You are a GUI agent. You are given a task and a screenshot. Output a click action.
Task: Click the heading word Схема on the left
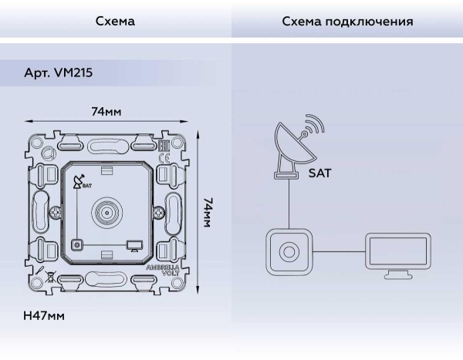(115, 22)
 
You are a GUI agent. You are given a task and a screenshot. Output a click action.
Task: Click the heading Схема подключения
(347, 22)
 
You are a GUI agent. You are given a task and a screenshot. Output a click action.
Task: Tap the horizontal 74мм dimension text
(106, 112)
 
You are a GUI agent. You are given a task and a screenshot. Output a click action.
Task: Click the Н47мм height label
(44, 317)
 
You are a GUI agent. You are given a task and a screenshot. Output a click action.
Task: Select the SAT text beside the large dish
(319, 174)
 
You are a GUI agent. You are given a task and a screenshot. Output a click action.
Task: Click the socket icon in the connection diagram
(289, 251)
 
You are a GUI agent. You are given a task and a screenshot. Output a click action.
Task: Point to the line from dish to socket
(289, 204)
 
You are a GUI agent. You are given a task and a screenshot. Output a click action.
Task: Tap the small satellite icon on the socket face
(76, 183)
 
